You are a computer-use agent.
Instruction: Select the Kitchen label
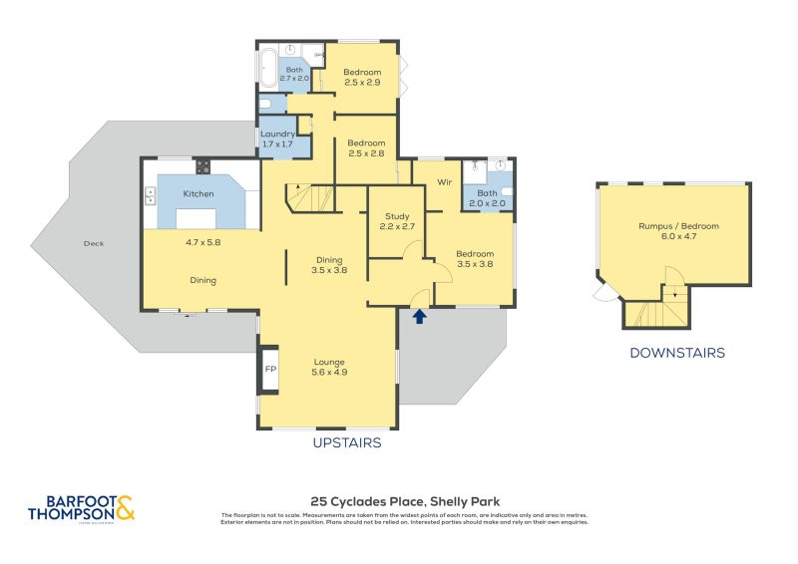pyautogui.click(x=199, y=193)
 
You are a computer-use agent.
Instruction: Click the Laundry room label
pyautogui.click(x=277, y=135)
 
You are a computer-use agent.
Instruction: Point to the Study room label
pyautogui.click(x=397, y=216)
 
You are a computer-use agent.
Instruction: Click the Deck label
pyautogui.click(x=95, y=243)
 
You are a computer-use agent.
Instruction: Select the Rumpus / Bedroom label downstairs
pyautogui.click(x=678, y=226)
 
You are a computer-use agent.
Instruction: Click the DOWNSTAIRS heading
pyautogui.click(x=677, y=353)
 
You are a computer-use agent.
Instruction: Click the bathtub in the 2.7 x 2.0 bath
pyautogui.click(x=267, y=68)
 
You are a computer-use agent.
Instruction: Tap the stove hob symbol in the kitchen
pyautogui.click(x=202, y=166)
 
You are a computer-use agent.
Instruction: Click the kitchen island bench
pyautogui.click(x=196, y=218)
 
